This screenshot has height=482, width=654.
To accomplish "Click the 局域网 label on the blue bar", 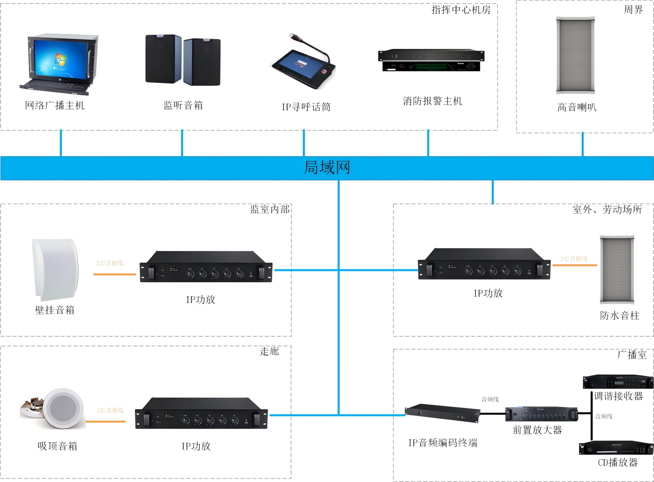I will pos(327,168).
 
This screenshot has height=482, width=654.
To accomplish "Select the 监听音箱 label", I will pos(183,105).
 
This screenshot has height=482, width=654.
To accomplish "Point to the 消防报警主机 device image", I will pos(431,60).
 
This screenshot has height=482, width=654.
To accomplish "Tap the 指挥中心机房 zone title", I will pos(460,10).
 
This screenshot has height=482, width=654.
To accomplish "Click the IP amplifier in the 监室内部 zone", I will pos(206,267).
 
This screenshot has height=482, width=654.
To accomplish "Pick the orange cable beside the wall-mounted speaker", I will pos(115,274).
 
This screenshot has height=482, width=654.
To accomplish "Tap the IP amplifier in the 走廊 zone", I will pos(201,414).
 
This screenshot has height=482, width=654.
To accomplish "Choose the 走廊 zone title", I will pos(269,351).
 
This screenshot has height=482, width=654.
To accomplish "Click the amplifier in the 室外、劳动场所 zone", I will pos(484,264).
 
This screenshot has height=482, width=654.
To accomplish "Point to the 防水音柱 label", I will pos(619,316).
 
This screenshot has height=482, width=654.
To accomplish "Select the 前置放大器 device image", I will pos(541,414).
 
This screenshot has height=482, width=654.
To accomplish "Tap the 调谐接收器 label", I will pos(618,396).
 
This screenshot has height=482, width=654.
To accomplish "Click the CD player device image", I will pos(616,448).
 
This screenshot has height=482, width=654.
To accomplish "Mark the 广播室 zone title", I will pos(632,355).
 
